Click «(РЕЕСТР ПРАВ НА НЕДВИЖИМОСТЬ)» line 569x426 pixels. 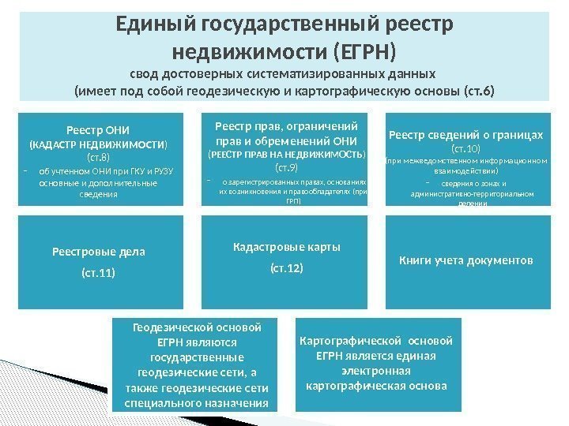click(286, 155)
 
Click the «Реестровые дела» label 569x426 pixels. click(99, 252)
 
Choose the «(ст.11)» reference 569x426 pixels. click(99, 274)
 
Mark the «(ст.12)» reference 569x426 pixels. click(287, 269)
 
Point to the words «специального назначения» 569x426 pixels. click(197, 403)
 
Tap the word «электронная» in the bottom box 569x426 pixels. click(376, 372)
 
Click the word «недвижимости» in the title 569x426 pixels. click(248, 54)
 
